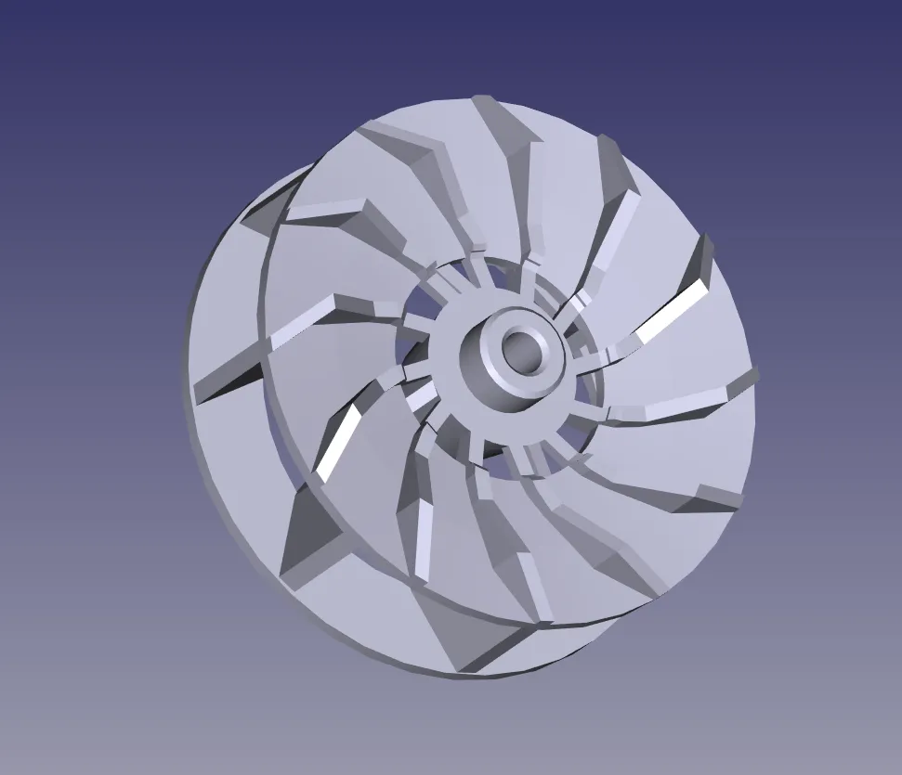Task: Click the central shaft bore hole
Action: pyautogui.click(x=521, y=351)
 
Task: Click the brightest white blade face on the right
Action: pyautogui.click(x=672, y=311)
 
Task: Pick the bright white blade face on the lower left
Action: pyautogui.click(x=336, y=443)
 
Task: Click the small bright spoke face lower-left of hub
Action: pyautogui.click(x=423, y=397)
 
